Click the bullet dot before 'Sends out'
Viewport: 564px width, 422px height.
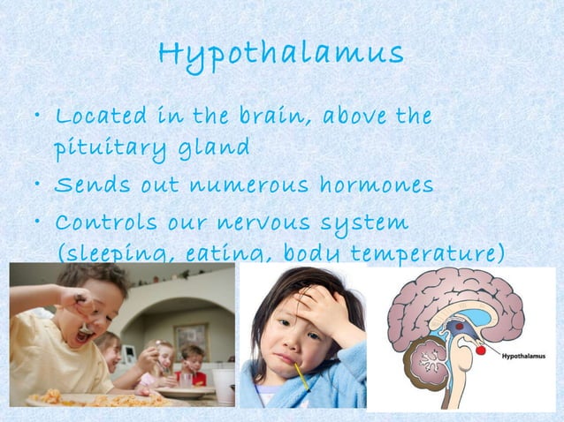pyautogui.click(x=37, y=187)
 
